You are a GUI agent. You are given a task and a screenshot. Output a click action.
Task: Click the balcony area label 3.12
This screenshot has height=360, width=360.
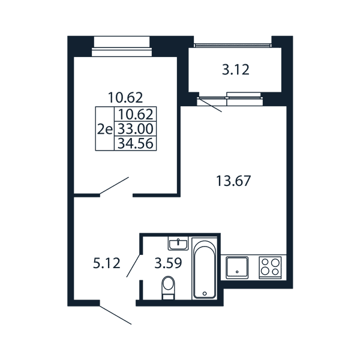coord(236,70)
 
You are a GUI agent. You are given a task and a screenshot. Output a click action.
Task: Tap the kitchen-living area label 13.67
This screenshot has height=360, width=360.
coord(233,181)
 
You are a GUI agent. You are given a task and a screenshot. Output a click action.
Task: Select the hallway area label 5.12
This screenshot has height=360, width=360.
coord(107,263)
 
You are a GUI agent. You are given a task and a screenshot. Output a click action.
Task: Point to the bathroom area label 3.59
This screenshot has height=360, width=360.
coord(168,263)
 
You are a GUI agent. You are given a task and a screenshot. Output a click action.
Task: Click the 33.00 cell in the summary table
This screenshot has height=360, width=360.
coord(136,129)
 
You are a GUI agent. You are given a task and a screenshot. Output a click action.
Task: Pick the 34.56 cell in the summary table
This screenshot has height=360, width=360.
coord(136,143)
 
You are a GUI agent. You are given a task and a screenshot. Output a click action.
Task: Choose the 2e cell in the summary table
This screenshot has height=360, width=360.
coord(105,129)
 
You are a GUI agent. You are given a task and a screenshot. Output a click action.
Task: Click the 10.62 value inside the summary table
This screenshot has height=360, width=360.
coord(136,114)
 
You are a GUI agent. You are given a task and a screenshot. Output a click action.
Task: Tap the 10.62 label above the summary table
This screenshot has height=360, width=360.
coord(125,97)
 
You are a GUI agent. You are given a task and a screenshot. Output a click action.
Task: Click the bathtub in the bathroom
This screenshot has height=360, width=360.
coord(205,269)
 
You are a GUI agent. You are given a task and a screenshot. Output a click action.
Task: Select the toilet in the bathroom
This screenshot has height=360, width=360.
coord(168,287)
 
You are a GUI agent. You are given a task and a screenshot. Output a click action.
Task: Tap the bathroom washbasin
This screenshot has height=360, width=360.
coord(178,244)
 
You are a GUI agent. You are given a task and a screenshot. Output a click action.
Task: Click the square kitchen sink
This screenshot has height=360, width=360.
coord(237,268)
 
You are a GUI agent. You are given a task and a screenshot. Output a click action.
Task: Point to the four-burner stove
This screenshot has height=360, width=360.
coord(270,268)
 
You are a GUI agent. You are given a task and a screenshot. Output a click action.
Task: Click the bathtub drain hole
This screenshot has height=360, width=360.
coord(205,293)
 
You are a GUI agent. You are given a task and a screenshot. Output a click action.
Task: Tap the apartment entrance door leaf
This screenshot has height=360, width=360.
coord(115,315)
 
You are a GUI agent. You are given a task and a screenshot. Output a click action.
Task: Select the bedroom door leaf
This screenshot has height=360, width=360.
coord(114,186)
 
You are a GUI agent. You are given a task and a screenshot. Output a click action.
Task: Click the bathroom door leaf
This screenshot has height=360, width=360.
coord(133,265)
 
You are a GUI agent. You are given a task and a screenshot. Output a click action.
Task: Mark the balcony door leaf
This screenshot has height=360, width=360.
coord(211,104)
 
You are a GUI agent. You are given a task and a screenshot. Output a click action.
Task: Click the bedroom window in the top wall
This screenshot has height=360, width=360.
coord(122,47)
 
